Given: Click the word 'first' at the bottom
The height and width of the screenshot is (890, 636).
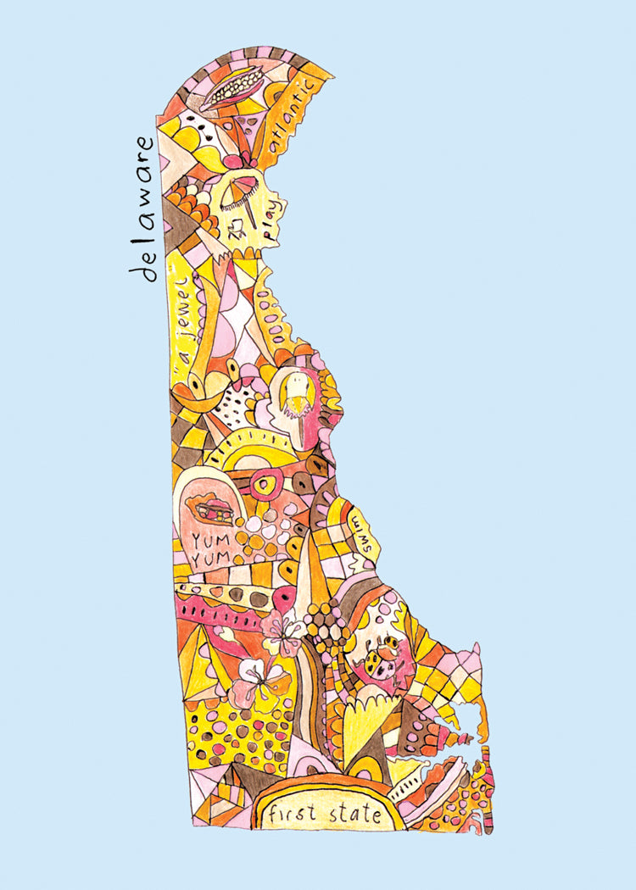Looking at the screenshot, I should (293, 815).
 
